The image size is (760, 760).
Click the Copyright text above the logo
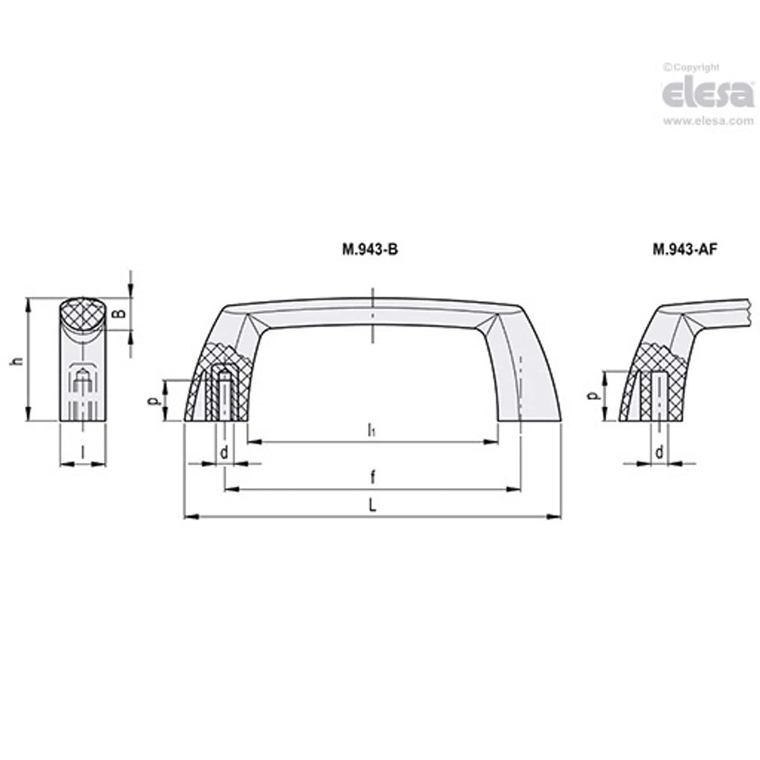[691, 68]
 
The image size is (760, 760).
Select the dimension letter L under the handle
[372, 506]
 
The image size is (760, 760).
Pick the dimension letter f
[372, 478]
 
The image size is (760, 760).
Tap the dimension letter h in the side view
[18, 361]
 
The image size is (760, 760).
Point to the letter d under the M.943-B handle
[224, 452]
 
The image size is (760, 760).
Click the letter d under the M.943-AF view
[659, 452]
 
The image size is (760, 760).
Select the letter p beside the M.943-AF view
[594, 396]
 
